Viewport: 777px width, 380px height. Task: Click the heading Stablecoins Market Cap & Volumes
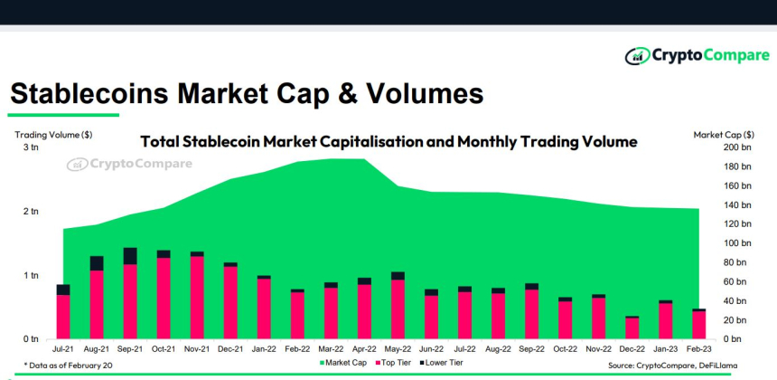(x=246, y=93)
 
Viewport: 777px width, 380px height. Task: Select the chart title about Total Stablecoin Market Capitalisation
(x=388, y=142)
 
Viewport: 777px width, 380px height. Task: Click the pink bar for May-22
(x=398, y=309)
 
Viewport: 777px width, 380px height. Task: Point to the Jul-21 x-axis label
(x=63, y=347)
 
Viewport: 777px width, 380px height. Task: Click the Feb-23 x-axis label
(x=698, y=347)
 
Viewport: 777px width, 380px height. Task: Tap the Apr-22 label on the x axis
(x=364, y=347)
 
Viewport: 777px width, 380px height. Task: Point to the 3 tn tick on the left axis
(x=31, y=147)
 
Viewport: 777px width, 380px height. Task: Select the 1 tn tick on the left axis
(x=31, y=275)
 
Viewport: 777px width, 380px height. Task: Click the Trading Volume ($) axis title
(x=52, y=135)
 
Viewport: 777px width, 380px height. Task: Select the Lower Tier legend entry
(x=443, y=363)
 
